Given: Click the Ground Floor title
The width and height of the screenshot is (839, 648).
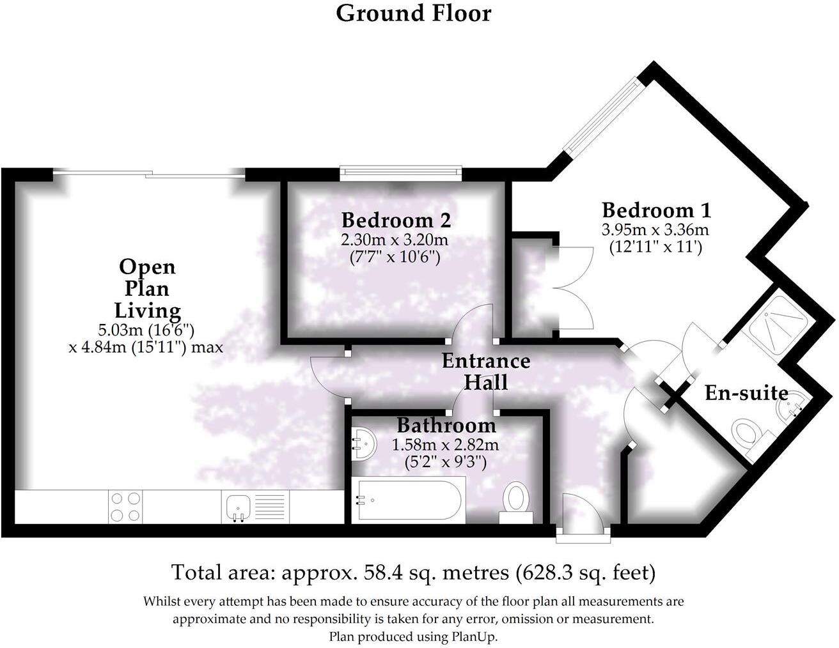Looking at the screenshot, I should [x=414, y=13].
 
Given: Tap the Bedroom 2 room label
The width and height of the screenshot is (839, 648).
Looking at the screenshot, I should [x=396, y=220].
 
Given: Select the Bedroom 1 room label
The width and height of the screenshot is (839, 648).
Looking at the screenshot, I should [x=656, y=210].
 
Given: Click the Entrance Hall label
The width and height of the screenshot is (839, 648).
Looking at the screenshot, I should [x=486, y=371].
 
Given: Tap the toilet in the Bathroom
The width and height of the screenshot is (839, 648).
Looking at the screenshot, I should [x=516, y=498].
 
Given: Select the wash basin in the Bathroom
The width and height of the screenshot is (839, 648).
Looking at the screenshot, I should [x=363, y=443].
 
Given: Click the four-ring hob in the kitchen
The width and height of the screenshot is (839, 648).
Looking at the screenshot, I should [x=125, y=507].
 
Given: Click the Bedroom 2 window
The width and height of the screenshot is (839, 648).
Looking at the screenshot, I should [x=401, y=171].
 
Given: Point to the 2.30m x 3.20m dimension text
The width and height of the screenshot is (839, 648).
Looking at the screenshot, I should [x=394, y=241].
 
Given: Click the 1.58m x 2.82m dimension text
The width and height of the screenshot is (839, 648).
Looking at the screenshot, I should [x=446, y=445].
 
